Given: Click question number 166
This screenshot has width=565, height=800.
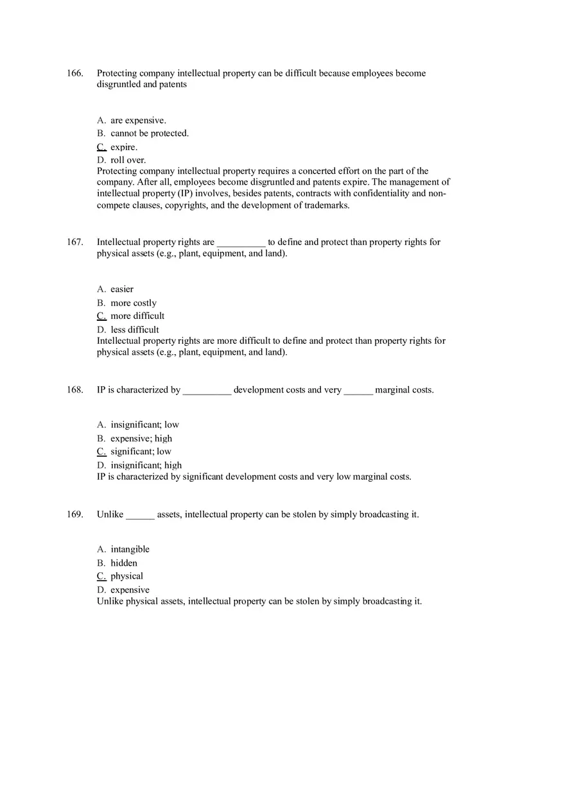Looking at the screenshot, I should tap(74, 73).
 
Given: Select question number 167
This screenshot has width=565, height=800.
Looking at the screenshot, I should tap(74, 242).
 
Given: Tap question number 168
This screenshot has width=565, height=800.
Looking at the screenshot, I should tap(74, 389).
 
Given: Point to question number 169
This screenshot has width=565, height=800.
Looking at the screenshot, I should tap(74, 514).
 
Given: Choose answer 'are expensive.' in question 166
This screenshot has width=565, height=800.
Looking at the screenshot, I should tap(138, 120).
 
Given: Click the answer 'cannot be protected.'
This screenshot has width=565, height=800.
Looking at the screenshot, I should tap(149, 133).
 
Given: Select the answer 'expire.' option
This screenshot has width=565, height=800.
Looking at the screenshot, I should tap(124, 147).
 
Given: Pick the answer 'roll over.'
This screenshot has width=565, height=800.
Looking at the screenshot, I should tap(128, 160).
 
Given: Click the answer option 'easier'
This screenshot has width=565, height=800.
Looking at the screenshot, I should tap(122, 289).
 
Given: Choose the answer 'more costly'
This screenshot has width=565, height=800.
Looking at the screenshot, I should tap(134, 303).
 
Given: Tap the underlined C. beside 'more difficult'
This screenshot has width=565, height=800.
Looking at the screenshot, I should tap(101, 316).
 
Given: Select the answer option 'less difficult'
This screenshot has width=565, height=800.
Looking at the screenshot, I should tap(135, 330).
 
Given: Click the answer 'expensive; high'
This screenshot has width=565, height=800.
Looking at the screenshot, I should tap(141, 438).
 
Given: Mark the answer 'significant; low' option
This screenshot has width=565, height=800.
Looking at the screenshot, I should tap(141, 451).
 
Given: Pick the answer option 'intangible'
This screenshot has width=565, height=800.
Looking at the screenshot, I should tap(130, 549).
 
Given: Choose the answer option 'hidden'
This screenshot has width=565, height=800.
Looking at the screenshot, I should tap(124, 563).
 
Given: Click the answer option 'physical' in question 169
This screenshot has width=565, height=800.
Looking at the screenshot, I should tap(126, 576).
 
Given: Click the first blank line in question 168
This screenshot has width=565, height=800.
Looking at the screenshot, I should tap(207, 391).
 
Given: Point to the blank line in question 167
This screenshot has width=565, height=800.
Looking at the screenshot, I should tap(241, 244).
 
